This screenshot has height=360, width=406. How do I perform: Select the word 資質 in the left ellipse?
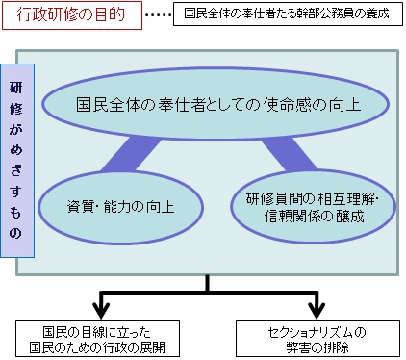coord(80,204)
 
